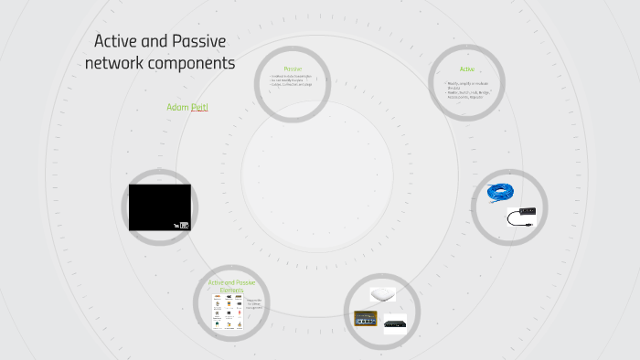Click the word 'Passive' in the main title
[197, 42]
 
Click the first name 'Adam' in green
[177, 108]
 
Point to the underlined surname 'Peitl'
[200, 108]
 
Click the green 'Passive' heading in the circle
[293, 69]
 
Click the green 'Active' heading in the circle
[467, 69]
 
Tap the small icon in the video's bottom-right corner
[184, 224]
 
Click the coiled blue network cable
[500, 192]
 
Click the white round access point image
[381, 294]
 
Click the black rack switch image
[395, 323]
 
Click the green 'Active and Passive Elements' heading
[231, 286]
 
